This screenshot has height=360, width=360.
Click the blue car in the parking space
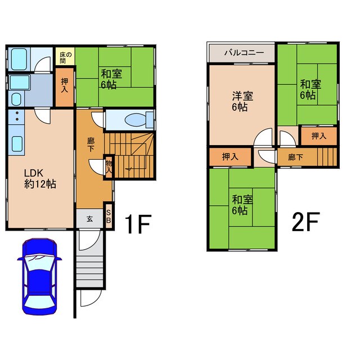click(39, 276)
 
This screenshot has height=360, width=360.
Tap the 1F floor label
click(138, 224)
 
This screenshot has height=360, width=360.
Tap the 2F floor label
click(305, 222)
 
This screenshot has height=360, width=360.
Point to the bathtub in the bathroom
click(19, 59)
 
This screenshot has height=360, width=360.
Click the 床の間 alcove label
click(65, 57)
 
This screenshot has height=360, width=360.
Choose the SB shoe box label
click(109, 217)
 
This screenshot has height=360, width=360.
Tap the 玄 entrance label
click(90, 219)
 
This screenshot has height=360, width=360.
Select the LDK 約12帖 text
click(40, 179)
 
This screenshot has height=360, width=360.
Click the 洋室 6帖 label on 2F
click(242, 101)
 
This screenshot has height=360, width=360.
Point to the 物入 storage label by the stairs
click(109, 166)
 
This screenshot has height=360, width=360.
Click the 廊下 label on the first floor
click(91, 145)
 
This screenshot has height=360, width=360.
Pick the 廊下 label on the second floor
click(295, 157)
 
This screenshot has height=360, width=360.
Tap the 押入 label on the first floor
click(65, 85)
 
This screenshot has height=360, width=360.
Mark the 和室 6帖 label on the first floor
click(111, 79)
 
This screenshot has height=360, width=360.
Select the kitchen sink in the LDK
click(17, 144)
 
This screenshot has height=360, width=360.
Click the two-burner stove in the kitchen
click(17, 116)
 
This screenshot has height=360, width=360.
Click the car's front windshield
click(39, 261)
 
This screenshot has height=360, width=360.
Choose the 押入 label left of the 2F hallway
click(230, 157)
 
